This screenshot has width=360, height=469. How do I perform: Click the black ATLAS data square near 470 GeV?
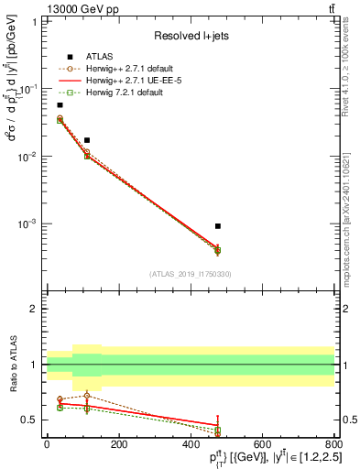[217, 225]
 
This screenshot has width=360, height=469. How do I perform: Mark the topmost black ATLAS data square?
[60, 105]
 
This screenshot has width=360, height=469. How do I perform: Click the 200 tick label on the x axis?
[118, 444]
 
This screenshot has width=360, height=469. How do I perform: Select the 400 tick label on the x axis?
[191, 444]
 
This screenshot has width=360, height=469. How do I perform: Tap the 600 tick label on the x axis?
[262, 444]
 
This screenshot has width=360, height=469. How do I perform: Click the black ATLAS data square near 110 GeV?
[87, 140]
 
